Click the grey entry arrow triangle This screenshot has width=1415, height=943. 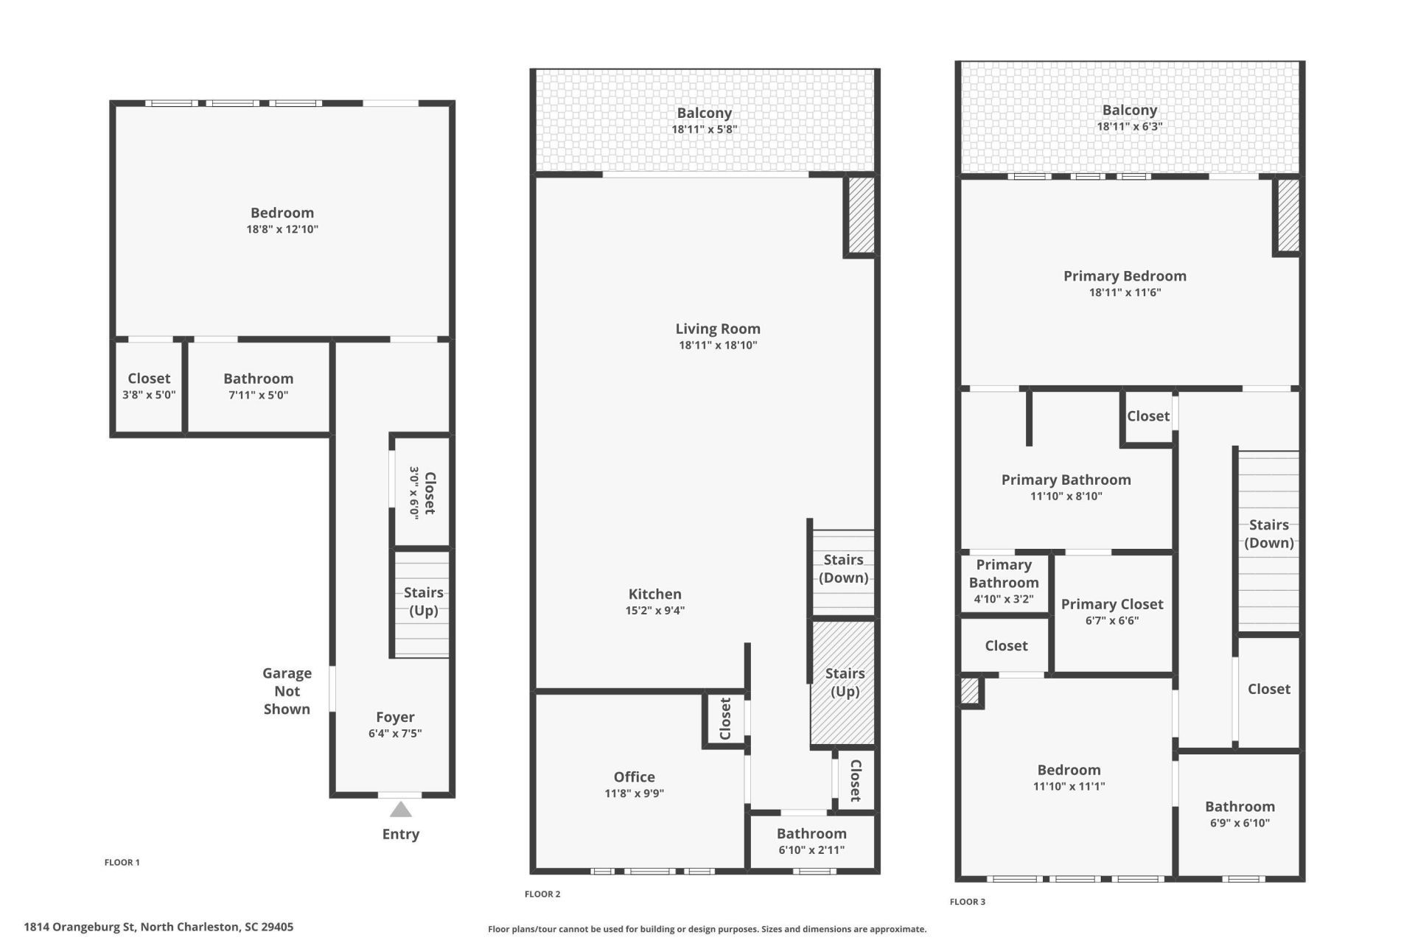click(400, 810)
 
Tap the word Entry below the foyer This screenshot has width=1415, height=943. click(400, 834)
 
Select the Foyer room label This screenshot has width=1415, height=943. click(395, 717)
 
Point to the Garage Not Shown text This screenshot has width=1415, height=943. click(287, 691)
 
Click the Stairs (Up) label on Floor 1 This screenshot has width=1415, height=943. click(424, 601)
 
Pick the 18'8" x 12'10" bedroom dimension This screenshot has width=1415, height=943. click(282, 229)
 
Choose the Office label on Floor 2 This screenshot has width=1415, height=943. click(634, 777)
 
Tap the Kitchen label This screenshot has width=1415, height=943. click(654, 594)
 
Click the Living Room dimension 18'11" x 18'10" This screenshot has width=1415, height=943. click(718, 345)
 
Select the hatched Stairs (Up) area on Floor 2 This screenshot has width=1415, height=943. click(843, 683)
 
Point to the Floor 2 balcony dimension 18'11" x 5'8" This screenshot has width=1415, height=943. click(704, 130)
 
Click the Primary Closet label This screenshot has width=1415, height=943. click(1112, 604)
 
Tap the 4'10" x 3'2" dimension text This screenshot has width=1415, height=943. click(1004, 599)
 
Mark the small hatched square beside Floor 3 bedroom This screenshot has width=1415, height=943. click(970, 691)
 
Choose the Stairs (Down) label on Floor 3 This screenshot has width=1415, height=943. click(1269, 533)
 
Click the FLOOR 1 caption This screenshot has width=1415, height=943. click(122, 862)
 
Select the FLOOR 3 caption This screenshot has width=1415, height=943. click(967, 902)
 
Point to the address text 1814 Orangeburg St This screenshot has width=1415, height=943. click(80, 927)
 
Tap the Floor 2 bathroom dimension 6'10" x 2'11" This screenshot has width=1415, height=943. click(811, 850)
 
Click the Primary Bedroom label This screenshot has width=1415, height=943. click(1125, 276)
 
